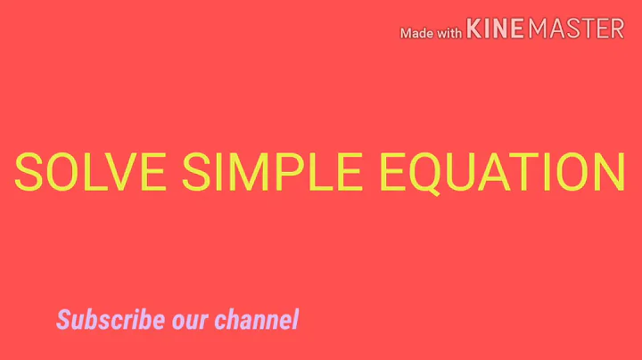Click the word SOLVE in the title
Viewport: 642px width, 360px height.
(90, 172)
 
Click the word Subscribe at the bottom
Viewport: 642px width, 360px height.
(111, 318)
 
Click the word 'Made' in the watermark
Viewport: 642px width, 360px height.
(418, 33)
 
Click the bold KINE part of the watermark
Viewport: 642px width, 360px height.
(496, 29)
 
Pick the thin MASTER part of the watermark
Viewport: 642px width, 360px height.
(576, 29)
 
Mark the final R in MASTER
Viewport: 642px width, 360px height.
(616, 29)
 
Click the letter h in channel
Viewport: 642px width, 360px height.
(236, 318)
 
